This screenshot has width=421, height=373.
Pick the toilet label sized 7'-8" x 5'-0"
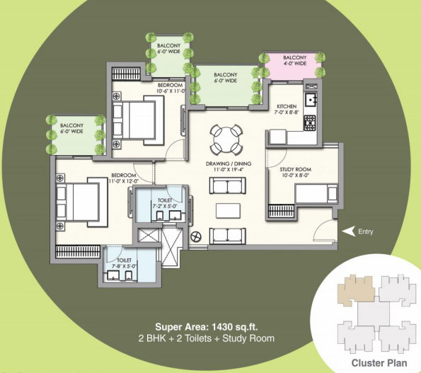click(x=118, y=263)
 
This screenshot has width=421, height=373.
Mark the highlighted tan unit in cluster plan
click(x=353, y=288)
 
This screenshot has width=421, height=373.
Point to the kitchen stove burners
click(x=309, y=122)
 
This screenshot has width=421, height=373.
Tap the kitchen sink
click(x=309, y=98)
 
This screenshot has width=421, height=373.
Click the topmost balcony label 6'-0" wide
click(x=168, y=49)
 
